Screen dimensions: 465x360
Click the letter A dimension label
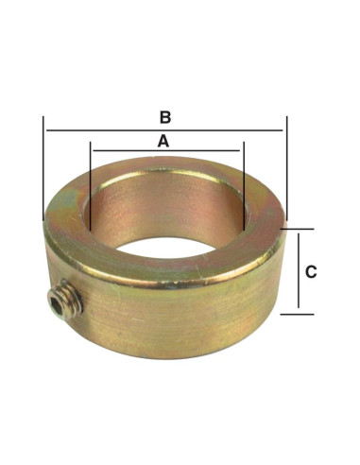coord(163,140)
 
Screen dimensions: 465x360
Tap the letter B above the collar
coord(164,117)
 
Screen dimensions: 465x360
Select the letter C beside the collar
coord(311,271)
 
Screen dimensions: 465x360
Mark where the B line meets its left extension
coord(43,130)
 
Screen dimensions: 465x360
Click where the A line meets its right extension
coord(243,151)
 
